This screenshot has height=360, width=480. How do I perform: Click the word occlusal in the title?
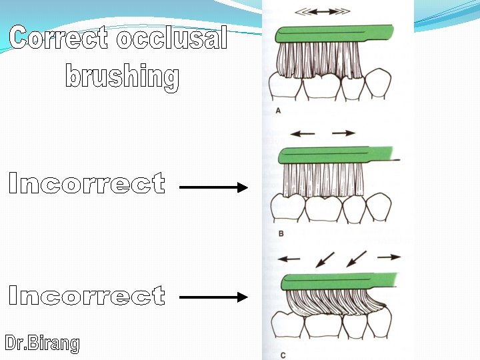coord(172,39)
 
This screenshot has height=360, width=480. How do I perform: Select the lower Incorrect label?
coord(87,295)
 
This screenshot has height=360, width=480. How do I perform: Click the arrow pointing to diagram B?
coord(213,188)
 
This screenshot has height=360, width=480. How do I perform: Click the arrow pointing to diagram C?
coord(213,297)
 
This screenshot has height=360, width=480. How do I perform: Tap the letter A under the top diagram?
coord(278,111)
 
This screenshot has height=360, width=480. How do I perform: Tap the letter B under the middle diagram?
coord(281,233)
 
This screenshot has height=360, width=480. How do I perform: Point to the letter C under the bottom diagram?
coord(283,355)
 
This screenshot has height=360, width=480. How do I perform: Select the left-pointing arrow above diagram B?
coord(303,133)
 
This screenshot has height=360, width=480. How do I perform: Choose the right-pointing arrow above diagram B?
coord(344,133)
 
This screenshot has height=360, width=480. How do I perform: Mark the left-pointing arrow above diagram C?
coord(289,257)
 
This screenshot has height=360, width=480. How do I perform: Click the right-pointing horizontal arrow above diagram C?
coord(389,256)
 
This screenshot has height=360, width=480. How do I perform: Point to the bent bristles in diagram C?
coord(333,303)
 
